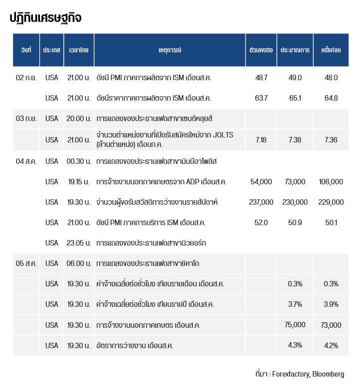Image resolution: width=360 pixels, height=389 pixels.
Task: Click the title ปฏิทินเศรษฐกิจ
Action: (45, 18)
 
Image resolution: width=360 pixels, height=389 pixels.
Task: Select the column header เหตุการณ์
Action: (170, 50)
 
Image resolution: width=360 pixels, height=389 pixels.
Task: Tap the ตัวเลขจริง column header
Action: (261, 50)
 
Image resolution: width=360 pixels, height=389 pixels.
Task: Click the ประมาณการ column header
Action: (295, 50)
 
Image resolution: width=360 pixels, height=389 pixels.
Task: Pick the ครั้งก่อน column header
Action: (331, 50)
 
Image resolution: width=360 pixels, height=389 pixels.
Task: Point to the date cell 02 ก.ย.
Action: (26, 78)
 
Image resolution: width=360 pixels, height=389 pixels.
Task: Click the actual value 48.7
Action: (261, 78)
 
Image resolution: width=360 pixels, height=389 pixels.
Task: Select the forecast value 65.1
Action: (295, 98)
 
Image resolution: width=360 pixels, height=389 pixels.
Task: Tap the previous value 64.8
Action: (331, 98)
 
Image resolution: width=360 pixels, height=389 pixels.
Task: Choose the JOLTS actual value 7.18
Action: (261, 140)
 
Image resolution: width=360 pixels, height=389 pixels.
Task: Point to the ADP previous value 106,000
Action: (331, 182)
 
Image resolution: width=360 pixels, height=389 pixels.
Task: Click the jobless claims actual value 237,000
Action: (261, 202)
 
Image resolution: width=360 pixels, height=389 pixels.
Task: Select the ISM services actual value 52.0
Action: (261, 223)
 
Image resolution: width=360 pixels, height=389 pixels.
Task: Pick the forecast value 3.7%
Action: (295, 304)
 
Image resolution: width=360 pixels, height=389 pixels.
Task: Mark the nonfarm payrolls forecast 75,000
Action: (295, 325)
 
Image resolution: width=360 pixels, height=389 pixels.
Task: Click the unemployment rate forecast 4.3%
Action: (295, 345)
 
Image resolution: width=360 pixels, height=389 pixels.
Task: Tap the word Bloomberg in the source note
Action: (328, 374)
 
